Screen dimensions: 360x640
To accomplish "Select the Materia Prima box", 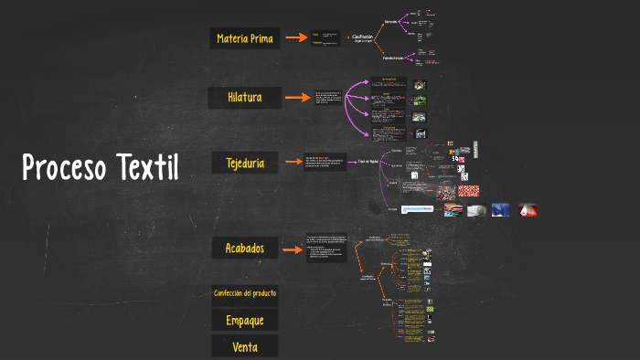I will [244, 38].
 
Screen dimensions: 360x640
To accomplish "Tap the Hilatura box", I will [244, 98].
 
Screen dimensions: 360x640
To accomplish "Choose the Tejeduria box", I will [244, 164].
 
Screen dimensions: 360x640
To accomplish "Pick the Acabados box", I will [244, 248].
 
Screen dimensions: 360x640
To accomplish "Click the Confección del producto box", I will [244, 294].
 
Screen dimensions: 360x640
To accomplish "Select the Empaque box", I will [244, 321].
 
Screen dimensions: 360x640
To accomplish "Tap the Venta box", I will [244, 346].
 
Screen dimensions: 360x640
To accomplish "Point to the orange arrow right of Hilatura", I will [297, 98].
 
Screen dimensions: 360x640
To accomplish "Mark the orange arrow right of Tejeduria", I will [293, 164].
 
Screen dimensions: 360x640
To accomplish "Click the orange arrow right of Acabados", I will [293, 248].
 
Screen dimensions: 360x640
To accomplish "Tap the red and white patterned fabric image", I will [468, 191].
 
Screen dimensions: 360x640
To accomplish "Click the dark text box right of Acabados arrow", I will [326, 248].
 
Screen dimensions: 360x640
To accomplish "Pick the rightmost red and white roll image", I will [528, 210].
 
